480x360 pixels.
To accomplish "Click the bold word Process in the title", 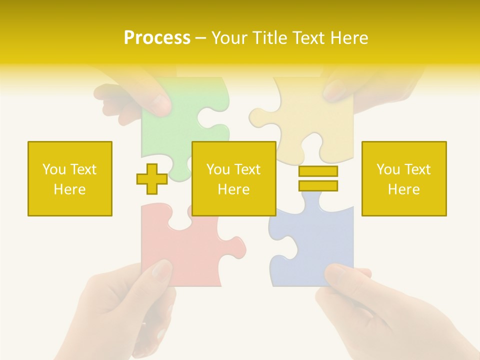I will [x=157, y=38].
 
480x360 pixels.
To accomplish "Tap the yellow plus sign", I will [x=152, y=179].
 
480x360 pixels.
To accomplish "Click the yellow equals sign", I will [x=318, y=178].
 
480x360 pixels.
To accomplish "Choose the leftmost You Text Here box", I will [x=69, y=178].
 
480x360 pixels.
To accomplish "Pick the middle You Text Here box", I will [x=233, y=178].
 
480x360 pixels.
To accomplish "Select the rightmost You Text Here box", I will [x=403, y=178].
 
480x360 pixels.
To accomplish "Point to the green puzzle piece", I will [x=165, y=130].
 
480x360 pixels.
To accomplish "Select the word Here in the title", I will [x=348, y=38].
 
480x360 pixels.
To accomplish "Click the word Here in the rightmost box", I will [x=403, y=189].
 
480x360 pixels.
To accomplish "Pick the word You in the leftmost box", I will [x=53, y=169].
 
